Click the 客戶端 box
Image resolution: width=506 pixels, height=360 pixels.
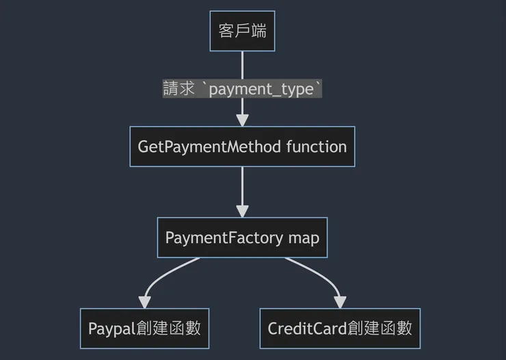point(242,31)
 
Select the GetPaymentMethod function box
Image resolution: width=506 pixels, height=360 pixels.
point(242,146)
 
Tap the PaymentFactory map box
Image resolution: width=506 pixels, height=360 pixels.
point(242,238)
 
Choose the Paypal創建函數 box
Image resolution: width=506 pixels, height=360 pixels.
point(144,328)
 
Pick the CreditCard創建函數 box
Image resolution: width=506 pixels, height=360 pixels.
point(340,328)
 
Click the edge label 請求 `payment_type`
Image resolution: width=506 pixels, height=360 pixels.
point(242,89)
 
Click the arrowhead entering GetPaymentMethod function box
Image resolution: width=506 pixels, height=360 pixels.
point(242,120)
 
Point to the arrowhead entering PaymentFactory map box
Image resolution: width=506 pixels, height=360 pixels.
point(242,211)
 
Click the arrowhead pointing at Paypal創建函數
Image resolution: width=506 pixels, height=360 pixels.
point(144,302)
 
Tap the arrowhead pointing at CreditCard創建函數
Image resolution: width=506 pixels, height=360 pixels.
point(340,302)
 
